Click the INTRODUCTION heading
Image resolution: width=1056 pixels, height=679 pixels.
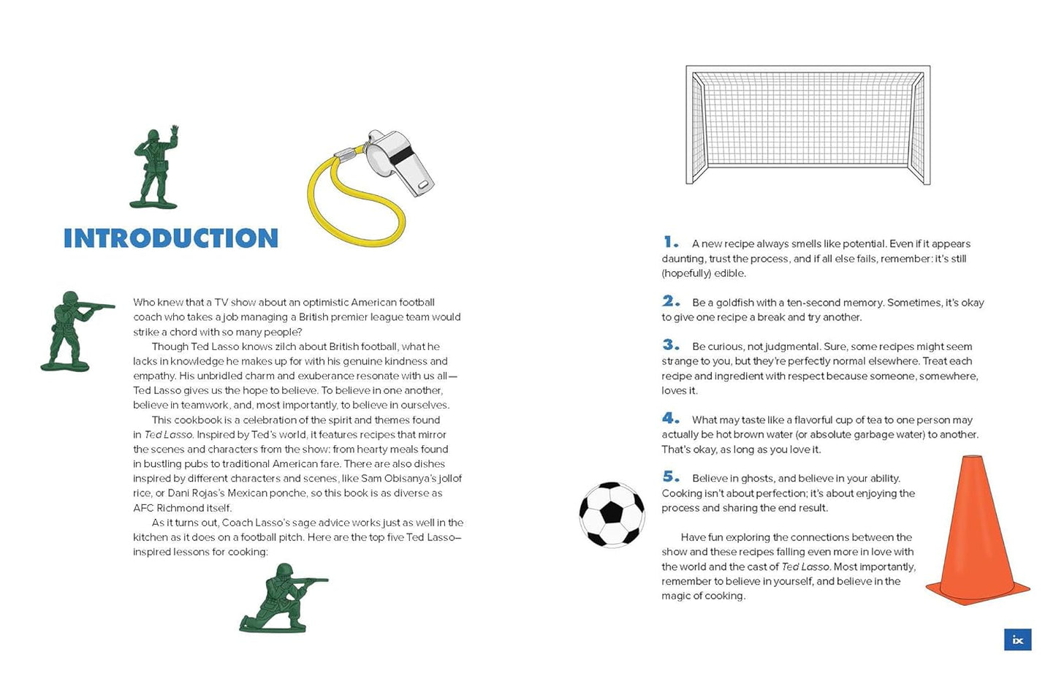point(171,238)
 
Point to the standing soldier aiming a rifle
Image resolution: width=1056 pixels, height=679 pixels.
point(73,330)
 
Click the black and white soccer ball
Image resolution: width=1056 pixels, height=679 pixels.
point(612,515)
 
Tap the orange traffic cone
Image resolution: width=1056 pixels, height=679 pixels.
point(976,534)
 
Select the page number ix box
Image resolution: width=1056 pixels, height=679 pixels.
point(1017,640)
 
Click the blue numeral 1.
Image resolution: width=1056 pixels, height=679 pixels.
point(669,242)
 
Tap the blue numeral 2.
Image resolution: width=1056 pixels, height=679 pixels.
point(670,301)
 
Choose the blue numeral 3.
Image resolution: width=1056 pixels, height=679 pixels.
point(670,345)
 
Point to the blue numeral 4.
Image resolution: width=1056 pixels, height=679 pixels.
point(670,418)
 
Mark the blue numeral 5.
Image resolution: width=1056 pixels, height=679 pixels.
point(670,477)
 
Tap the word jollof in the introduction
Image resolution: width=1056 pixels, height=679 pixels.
point(447,479)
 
